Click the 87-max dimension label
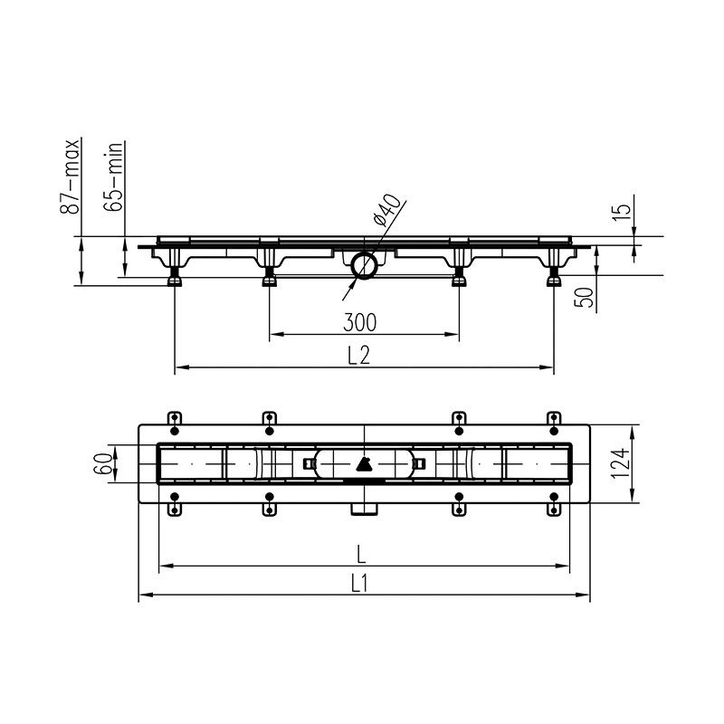pyautogui.click(x=70, y=176)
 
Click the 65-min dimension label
pyautogui.click(x=114, y=176)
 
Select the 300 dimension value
pyautogui.click(x=359, y=322)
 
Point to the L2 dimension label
pyautogui.click(x=358, y=356)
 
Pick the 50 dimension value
pyautogui.click(x=584, y=297)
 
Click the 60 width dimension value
pyautogui.click(x=103, y=464)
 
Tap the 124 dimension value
pyautogui.click(x=620, y=463)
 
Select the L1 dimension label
pyautogui.click(x=359, y=584)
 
